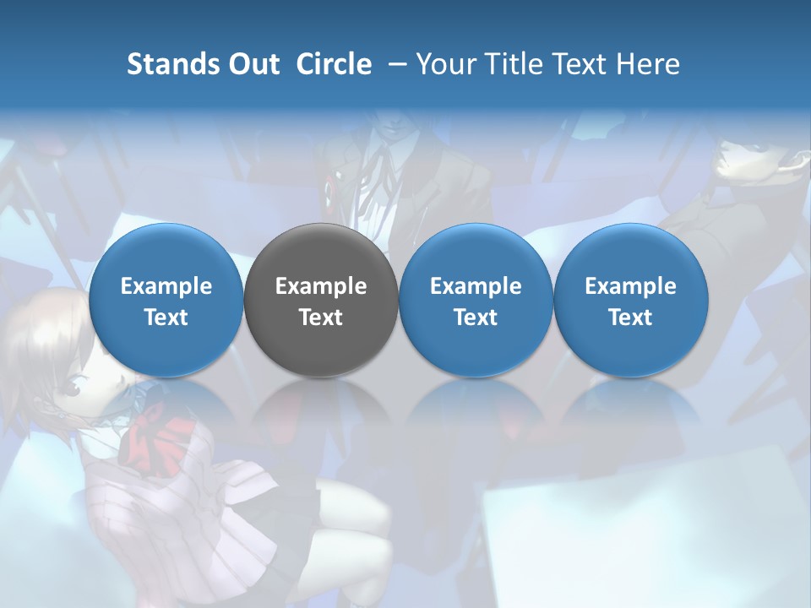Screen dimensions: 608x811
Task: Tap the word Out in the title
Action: [252, 64]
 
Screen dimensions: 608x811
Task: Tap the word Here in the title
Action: [647, 64]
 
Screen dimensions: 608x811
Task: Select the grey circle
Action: [321, 300]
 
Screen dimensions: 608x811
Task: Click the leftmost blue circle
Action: [166, 300]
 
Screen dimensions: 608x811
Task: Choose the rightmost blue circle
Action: [630, 300]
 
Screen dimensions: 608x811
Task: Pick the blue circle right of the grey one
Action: [476, 300]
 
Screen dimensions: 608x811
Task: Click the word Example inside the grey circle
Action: [321, 286]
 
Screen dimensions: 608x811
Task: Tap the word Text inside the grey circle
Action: [321, 318]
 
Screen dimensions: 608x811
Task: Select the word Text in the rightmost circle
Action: [630, 318]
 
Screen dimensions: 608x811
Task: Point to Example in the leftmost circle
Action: [166, 286]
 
